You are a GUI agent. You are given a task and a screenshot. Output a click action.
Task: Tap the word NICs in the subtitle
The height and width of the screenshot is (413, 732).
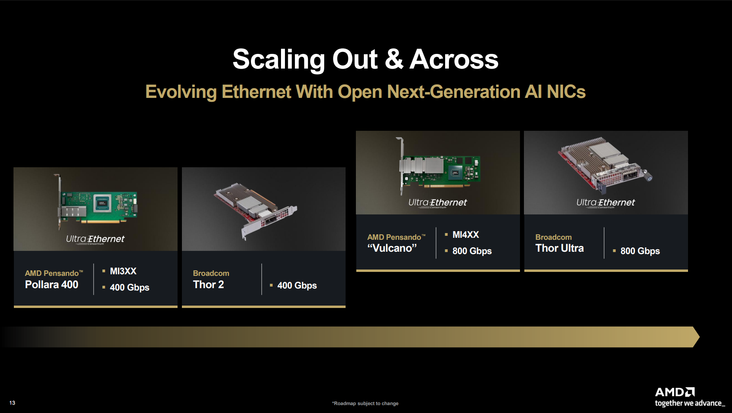[566, 92]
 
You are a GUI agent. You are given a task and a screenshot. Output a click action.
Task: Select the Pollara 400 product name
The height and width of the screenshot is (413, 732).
[52, 284]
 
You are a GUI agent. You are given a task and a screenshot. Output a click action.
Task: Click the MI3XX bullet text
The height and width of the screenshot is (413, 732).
[123, 271]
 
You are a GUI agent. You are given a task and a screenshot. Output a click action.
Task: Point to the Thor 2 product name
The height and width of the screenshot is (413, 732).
[208, 284]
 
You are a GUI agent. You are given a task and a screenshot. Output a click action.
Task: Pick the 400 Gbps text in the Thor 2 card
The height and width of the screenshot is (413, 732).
[297, 285]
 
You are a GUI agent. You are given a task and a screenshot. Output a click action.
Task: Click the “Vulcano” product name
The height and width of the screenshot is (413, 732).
[392, 248]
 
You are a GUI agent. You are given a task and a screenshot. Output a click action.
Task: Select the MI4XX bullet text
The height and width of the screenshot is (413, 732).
[466, 235]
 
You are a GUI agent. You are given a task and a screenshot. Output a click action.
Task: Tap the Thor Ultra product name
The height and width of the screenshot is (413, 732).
[560, 248]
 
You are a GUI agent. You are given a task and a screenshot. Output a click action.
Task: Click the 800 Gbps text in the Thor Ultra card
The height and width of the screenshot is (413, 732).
[640, 251]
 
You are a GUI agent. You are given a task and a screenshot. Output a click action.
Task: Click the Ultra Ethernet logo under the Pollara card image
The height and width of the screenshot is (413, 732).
[95, 239]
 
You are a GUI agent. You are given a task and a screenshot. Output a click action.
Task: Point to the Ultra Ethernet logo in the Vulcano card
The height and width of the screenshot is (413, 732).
[438, 203]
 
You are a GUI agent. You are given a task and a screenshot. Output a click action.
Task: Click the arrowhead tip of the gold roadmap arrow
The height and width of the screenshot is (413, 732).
[700, 337]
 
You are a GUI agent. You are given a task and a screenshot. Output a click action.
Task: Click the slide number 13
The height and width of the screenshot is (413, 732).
[12, 403]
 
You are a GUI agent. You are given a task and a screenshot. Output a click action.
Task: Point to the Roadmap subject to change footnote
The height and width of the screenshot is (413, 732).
[365, 403]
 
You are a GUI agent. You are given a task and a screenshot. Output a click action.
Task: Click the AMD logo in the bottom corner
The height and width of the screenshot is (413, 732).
[675, 392]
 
